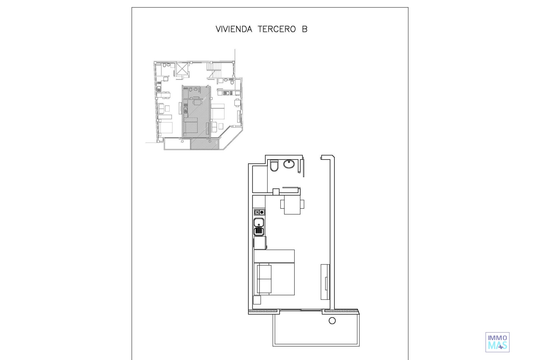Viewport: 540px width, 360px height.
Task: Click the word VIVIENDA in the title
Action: click(234, 29)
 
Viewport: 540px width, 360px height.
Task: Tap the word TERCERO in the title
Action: click(277, 29)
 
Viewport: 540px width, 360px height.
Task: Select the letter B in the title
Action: click(305, 29)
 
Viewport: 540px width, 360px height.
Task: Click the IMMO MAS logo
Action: click(497, 342)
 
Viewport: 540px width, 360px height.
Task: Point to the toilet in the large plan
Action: click(274, 166)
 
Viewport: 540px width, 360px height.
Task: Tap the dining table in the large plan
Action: click(292, 205)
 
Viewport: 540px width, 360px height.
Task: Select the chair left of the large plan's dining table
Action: click(282, 204)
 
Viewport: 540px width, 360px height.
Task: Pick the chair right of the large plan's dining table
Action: click(302, 204)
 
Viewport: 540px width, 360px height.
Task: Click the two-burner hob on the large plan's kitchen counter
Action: click(259, 212)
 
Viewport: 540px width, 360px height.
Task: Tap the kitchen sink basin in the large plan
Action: click(259, 222)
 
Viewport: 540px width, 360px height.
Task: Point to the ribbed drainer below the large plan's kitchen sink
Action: click(259, 231)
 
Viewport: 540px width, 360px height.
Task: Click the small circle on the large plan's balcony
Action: click(332, 321)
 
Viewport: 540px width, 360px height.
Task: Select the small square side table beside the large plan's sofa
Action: click(257, 300)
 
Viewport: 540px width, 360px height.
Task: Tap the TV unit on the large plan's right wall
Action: click(325, 282)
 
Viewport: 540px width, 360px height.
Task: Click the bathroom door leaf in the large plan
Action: click(303, 168)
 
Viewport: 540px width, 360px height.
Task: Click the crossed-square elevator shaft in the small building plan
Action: click(182, 68)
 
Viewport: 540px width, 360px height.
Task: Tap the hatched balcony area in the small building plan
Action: click(204, 144)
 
